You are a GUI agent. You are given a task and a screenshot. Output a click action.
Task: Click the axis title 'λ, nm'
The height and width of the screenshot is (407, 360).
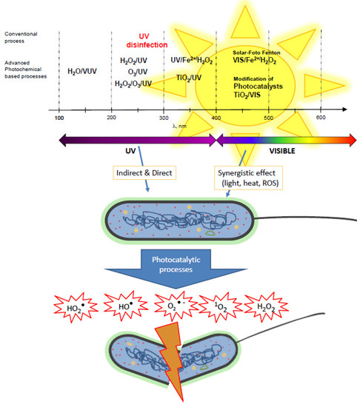(x=184, y=127)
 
